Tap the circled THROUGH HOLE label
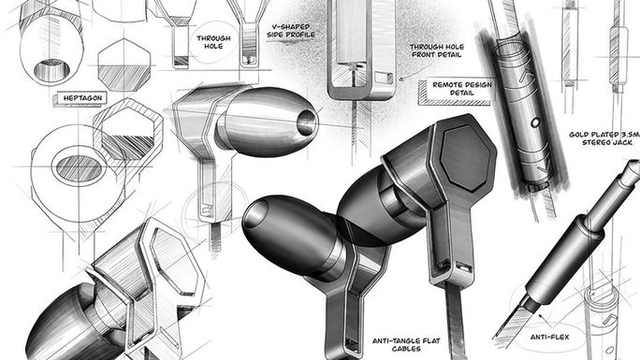[213, 43]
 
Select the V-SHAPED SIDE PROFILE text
[293, 31]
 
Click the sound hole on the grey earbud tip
[306, 119]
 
